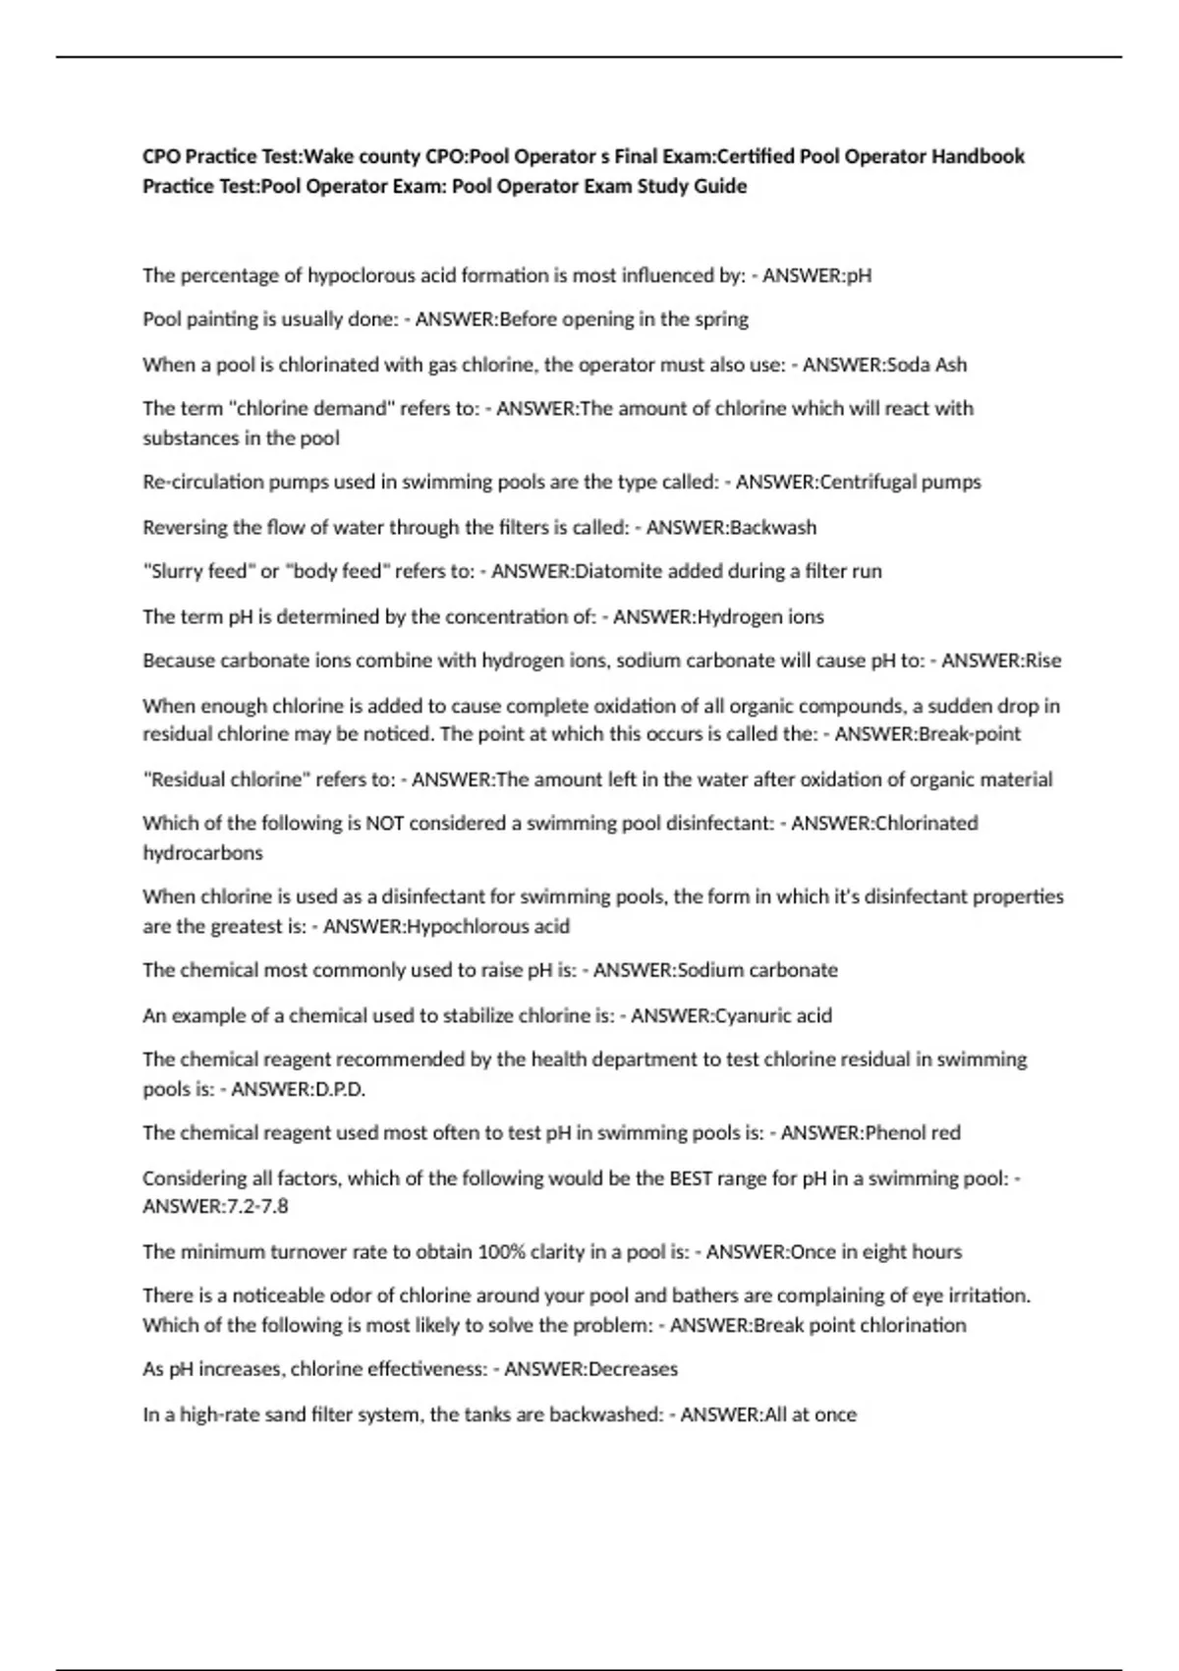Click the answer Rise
tap(1042, 661)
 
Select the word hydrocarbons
tap(202, 853)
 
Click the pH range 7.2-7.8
tap(257, 1206)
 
